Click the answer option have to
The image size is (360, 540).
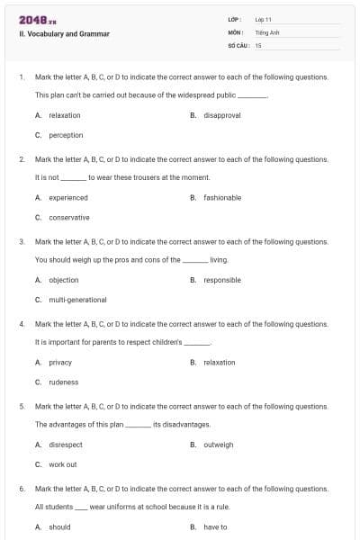[x=215, y=526]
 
